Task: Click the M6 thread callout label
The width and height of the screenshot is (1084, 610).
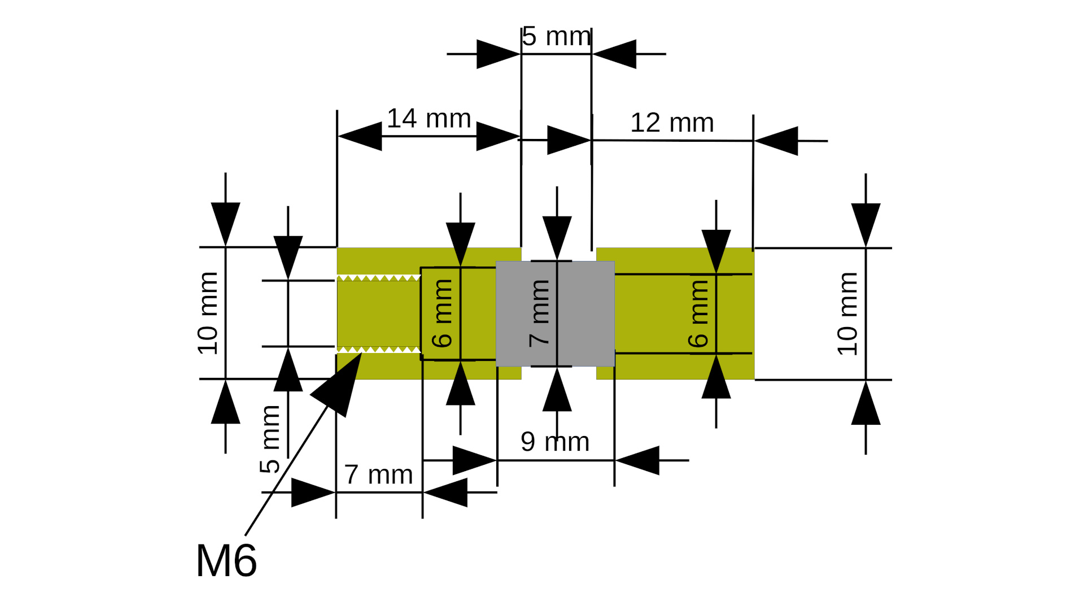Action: pos(226,561)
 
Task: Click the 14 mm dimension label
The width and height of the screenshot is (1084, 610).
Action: pos(429,119)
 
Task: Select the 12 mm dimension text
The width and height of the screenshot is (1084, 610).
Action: pos(672,123)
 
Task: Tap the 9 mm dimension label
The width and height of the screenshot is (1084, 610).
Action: pos(555,442)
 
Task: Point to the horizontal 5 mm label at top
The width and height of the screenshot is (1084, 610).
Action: pos(556,37)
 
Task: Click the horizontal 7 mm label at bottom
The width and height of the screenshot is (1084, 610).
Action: pos(378,474)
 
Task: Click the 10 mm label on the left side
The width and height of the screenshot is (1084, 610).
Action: pos(208,313)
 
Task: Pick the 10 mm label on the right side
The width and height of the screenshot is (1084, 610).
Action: pos(847,313)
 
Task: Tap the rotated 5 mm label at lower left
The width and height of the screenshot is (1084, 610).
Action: pos(270,439)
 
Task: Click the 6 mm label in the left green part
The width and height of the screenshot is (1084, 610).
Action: pos(442,313)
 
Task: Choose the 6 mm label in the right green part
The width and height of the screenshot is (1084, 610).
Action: pos(698,313)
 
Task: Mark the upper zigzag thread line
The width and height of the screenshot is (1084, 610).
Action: pos(378,277)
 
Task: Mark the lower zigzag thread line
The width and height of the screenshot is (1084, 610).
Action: pos(378,350)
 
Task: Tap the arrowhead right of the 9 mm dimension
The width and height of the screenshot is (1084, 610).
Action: pos(637,460)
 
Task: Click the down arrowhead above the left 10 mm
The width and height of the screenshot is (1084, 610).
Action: pos(226,223)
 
